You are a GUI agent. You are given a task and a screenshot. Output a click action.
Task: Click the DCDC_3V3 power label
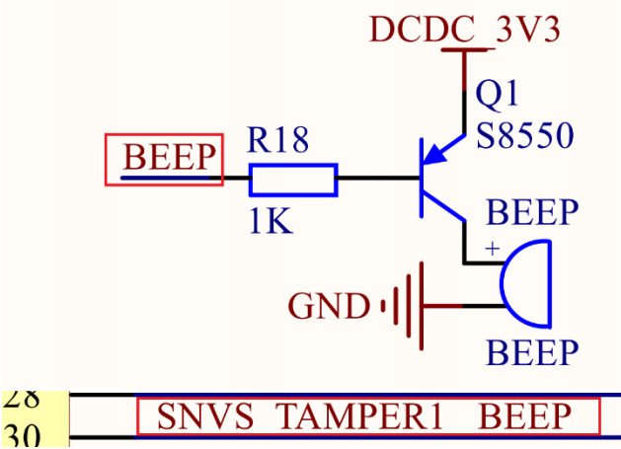point(465,29)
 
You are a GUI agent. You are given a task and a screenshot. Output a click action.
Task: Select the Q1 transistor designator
point(497,95)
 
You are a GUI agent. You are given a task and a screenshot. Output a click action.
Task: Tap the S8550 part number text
point(523,135)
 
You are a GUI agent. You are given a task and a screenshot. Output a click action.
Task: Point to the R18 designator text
point(277,141)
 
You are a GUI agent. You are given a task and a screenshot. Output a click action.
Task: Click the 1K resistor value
point(270,222)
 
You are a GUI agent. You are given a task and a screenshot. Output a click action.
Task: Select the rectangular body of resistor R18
point(293,180)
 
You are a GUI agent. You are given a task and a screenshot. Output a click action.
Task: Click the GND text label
point(329,307)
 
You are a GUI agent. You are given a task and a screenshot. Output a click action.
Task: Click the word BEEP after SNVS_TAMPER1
point(525,417)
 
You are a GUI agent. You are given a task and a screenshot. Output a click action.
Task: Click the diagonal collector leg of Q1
point(443,208)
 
